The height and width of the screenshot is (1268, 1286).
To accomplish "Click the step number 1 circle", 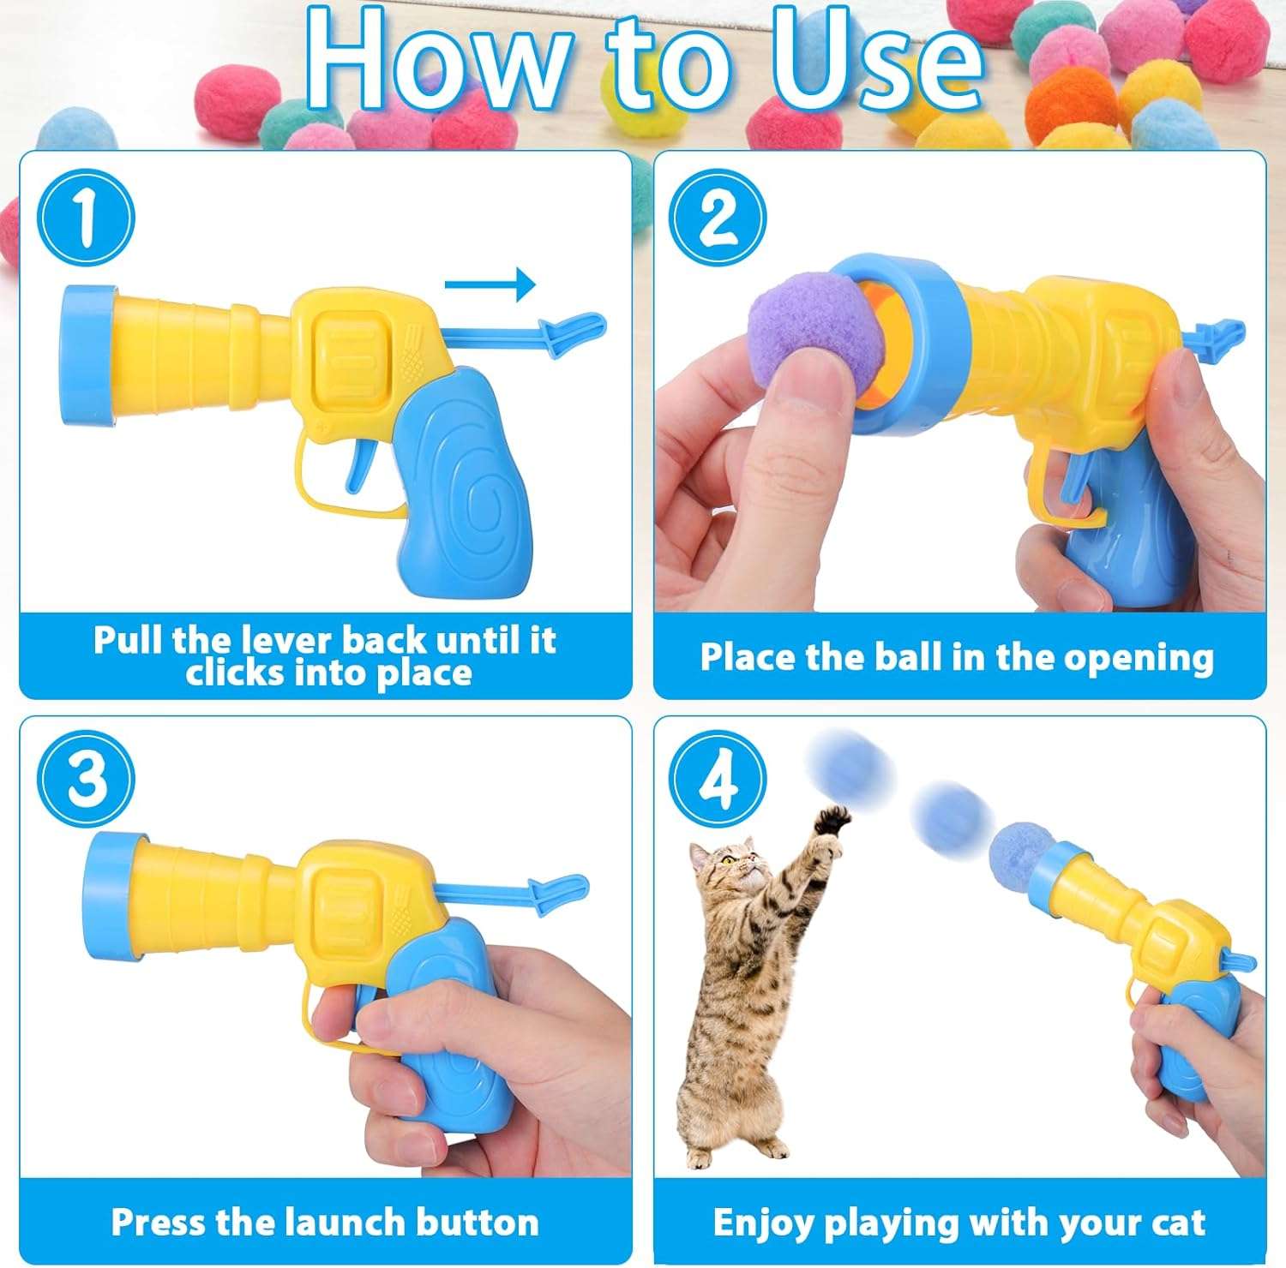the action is (86, 217).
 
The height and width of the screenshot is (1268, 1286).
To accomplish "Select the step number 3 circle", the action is (86, 779).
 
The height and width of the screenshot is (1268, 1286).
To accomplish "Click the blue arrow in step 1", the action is (490, 284).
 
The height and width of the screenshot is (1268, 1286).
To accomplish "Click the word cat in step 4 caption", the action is (1178, 1223).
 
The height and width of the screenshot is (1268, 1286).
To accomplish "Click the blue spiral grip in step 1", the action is (462, 480).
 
